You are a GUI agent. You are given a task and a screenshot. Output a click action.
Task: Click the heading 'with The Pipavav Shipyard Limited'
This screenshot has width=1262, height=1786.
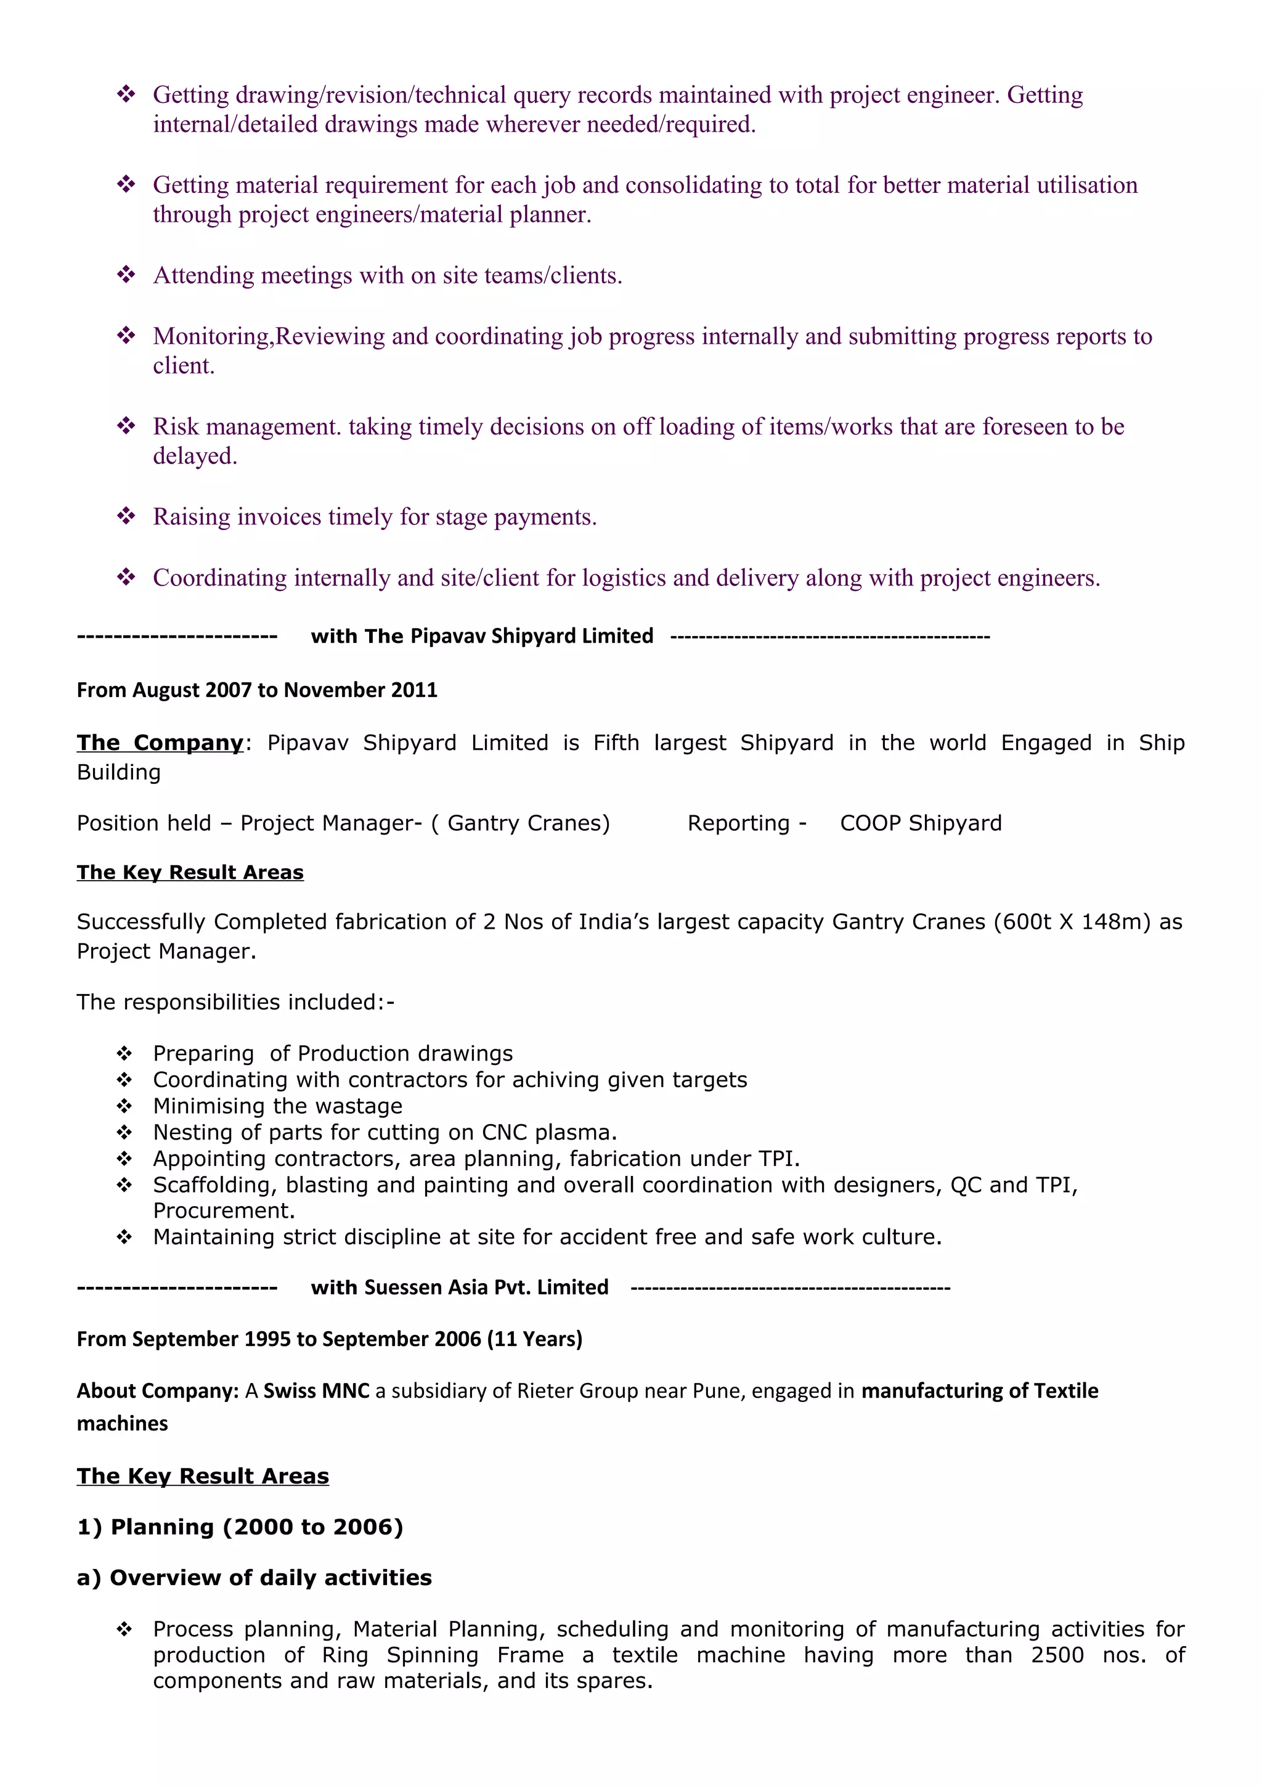click(x=481, y=635)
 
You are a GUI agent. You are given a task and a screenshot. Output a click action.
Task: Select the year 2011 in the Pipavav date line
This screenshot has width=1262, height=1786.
click(x=413, y=690)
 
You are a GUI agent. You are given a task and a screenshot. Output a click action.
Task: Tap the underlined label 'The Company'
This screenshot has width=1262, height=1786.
click(x=160, y=743)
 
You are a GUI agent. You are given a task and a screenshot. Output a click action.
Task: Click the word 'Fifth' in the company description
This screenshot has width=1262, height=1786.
click(x=616, y=743)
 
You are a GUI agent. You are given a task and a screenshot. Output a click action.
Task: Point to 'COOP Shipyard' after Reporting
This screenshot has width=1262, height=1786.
click(x=921, y=823)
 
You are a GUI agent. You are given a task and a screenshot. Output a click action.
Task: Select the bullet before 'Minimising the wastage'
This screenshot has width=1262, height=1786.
click(x=124, y=1106)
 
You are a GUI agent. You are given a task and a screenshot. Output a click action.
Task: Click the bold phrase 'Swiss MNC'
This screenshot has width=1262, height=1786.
click(x=317, y=1391)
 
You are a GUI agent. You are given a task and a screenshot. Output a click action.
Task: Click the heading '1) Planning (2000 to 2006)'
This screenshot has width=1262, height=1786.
click(x=240, y=1527)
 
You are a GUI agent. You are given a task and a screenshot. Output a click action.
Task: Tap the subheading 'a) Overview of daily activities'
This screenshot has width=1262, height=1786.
click(x=254, y=1578)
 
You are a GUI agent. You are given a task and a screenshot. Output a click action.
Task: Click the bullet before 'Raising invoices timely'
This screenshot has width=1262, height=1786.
click(x=126, y=516)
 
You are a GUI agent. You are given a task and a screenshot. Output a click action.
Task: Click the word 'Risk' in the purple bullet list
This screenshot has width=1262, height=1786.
click(x=176, y=426)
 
